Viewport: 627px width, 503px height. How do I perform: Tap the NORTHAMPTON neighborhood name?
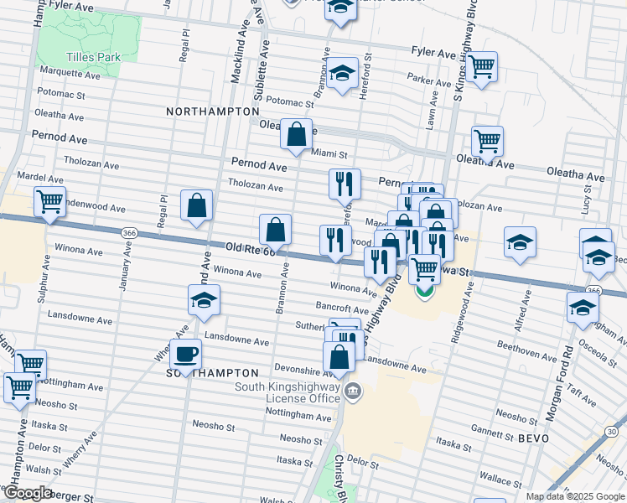click(212, 111)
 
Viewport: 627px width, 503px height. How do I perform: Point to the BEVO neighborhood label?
click(533, 438)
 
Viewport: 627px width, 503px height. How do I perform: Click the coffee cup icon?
click(185, 352)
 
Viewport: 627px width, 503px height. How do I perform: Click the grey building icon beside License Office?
click(354, 391)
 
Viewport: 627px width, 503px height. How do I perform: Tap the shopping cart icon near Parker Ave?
click(481, 66)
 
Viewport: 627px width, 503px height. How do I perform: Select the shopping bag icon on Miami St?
click(296, 134)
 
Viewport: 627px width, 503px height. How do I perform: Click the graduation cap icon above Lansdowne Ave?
click(203, 300)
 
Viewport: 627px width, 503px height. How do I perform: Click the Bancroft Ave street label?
click(343, 309)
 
